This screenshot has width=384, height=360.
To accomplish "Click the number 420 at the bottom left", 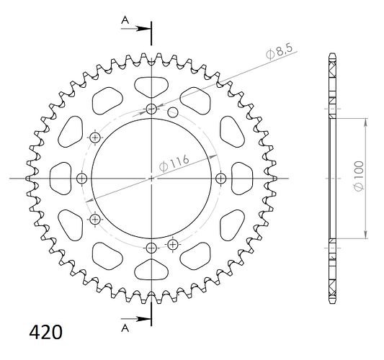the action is [x=46, y=333].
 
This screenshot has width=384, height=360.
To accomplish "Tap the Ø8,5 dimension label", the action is [x=280, y=52].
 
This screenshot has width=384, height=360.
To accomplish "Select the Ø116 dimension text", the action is [x=174, y=163].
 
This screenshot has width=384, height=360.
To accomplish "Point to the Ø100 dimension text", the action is [x=358, y=176].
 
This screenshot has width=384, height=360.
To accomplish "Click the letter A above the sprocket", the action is [x=125, y=20].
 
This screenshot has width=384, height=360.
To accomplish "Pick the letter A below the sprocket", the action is [x=125, y=328].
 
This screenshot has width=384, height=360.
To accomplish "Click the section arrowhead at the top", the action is [x=143, y=29].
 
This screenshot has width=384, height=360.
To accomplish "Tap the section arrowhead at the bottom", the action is [x=143, y=319].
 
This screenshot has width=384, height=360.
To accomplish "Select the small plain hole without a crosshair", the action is [x=173, y=112].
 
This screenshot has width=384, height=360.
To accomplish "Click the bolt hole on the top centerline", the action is [x=151, y=109].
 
